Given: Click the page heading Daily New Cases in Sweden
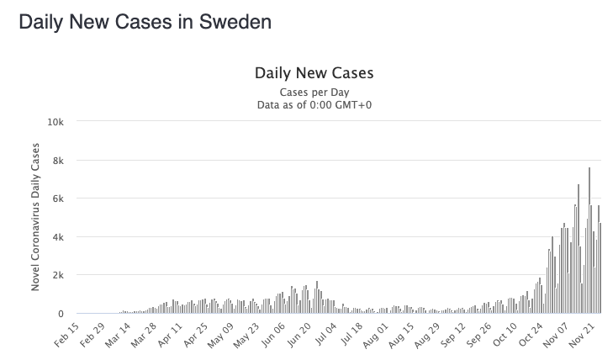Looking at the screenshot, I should click(x=145, y=22).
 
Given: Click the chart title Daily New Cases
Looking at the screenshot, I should click(x=313, y=73).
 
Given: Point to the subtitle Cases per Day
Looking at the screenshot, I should click(x=314, y=92).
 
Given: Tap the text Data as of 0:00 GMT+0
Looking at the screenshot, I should click(x=314, y=104).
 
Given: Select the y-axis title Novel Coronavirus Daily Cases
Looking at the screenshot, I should click(x=36, y=217).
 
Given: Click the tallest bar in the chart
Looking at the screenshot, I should click(x=589, y=241).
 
